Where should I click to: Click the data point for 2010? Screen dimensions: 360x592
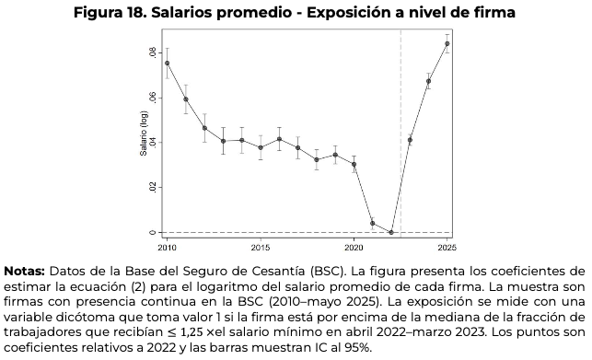tap(167, 63)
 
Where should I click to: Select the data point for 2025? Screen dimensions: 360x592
tap(447, 43)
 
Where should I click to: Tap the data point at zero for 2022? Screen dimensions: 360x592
tap(390, 232)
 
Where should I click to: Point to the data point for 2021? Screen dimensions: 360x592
tap(372, 223)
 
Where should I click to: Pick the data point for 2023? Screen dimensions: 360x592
tap(410, 140)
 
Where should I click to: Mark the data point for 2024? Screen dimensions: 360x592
tap(428, 81)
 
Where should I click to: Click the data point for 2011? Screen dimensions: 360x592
tap(186, 99)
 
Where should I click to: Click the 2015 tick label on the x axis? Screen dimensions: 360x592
tap(261, 248)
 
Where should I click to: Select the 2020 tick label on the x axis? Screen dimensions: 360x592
tap(354, 248)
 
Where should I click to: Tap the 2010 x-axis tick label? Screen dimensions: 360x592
tap(167, 248)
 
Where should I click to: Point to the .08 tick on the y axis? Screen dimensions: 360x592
tap(151, 52)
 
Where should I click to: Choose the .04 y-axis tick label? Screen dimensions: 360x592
tap(151, 142)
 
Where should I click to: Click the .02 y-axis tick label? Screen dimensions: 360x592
tap(151, 187)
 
